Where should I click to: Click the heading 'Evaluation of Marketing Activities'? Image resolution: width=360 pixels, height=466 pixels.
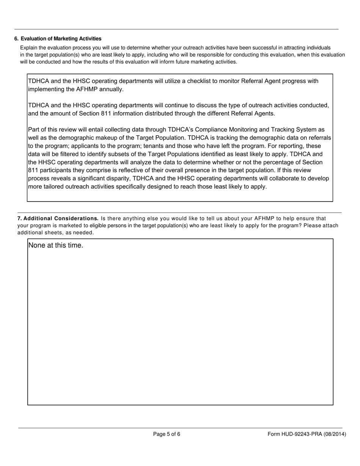pyautogui.click(x=61, y=39)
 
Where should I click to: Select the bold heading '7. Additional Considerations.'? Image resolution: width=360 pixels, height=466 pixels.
pyautogui.click(x=58, y=219)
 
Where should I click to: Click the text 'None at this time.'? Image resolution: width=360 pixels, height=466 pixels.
pyautogui.click(x=56, y=246)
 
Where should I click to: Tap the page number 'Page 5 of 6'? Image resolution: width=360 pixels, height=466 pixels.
pyautogui.click(x=167, y=434)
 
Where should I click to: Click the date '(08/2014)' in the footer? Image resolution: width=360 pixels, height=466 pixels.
pyautogui.click(x=335, y=434)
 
